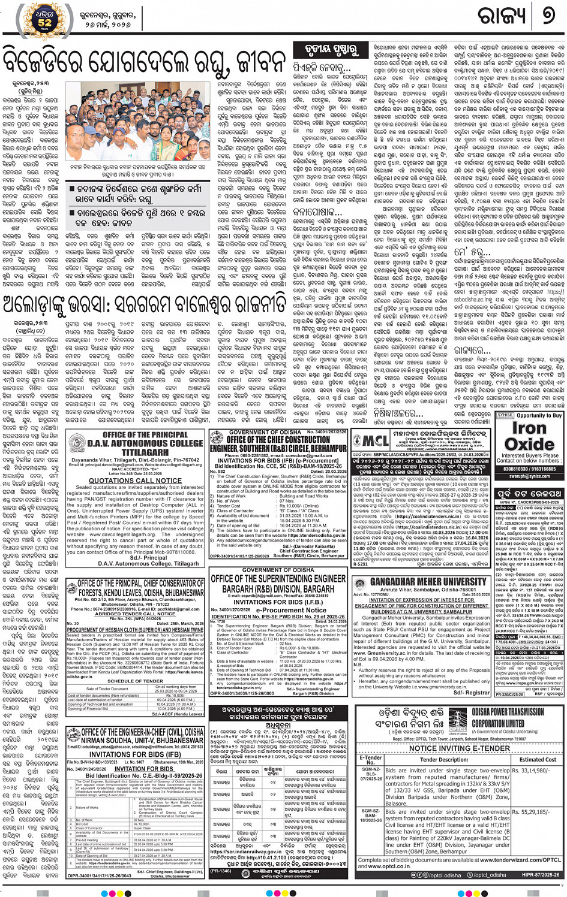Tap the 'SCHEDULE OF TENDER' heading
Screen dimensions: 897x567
click(x=135, y=681)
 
